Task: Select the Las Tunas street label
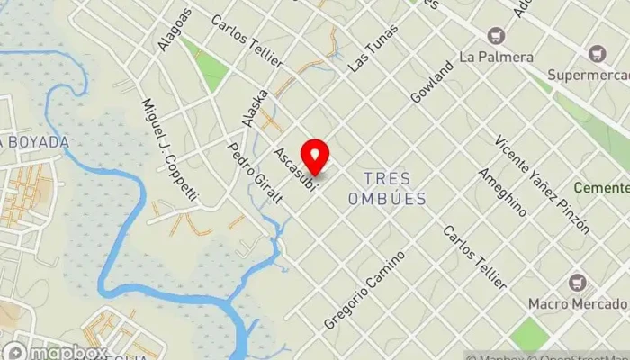click(372, 51)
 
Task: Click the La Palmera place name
click(497, 57)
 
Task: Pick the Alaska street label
click(255, 107)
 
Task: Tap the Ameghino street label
click(502, 192)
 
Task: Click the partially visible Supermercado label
click(592, 57)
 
